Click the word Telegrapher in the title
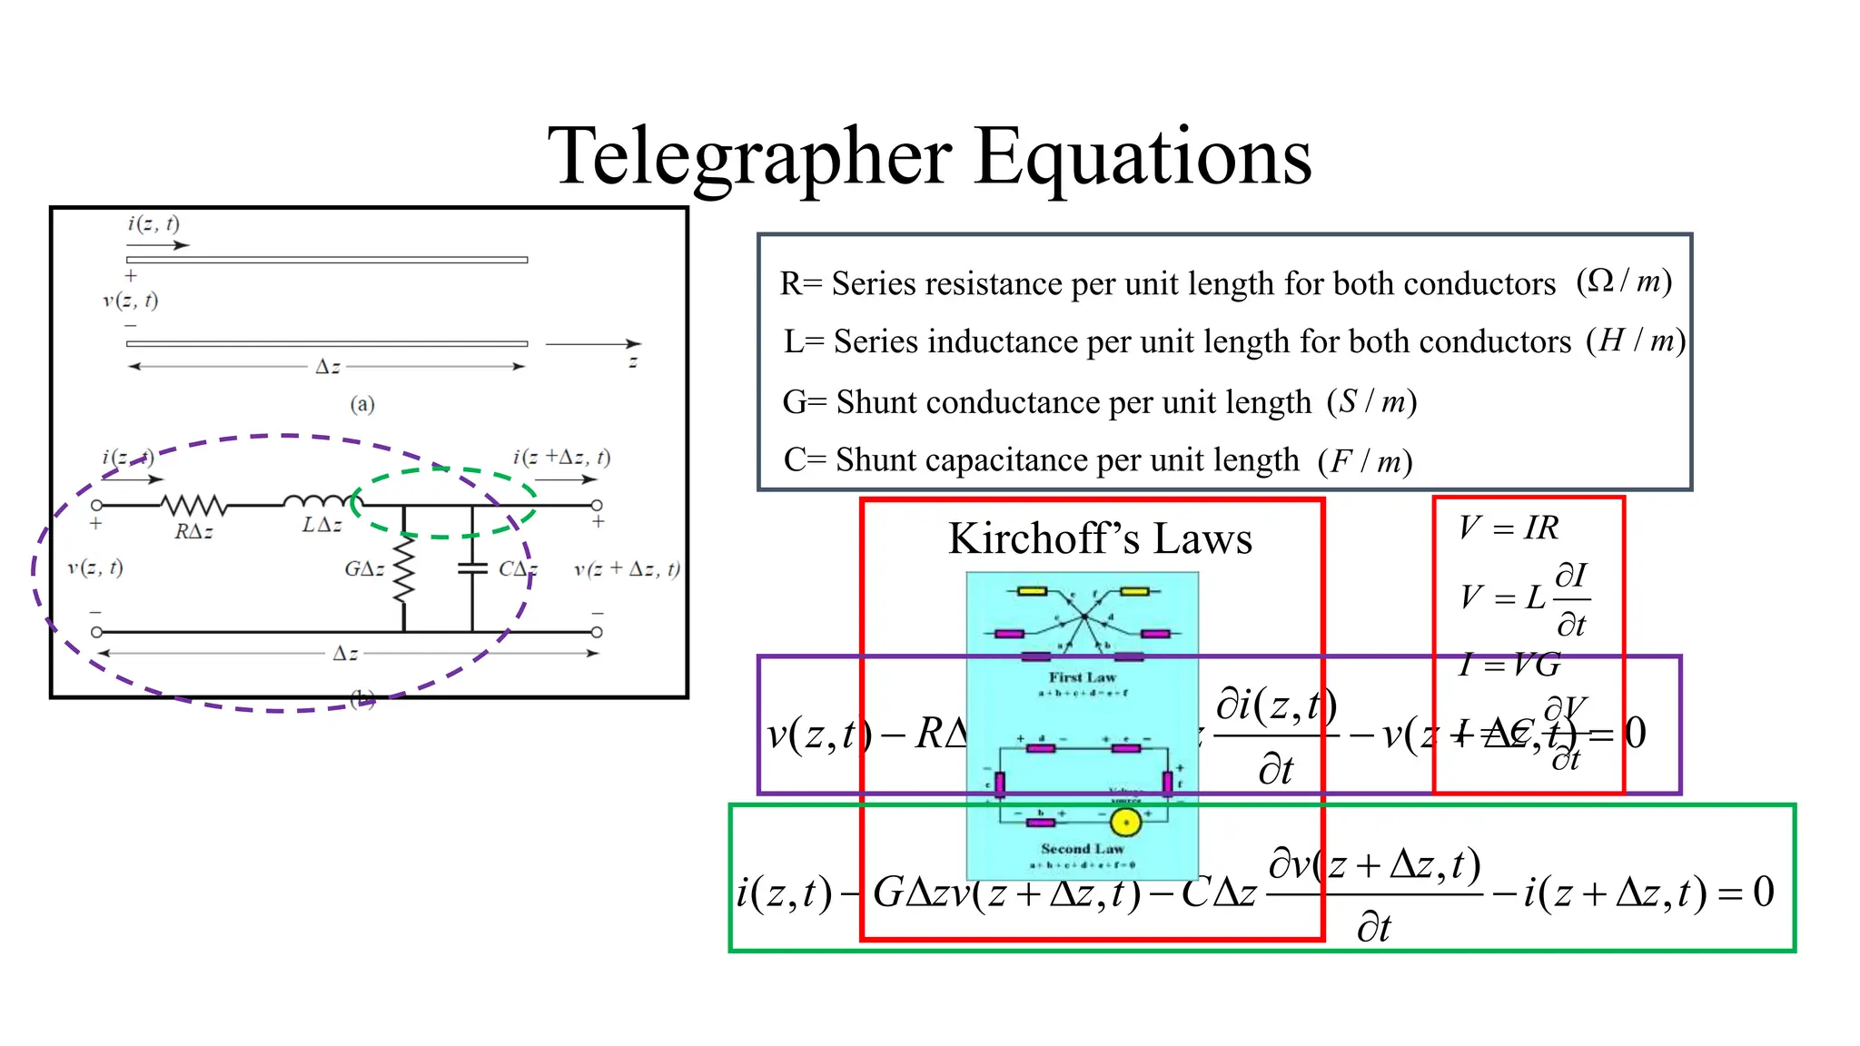pos(750,157)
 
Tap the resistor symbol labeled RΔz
pos(193,505)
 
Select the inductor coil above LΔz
pos(317,501)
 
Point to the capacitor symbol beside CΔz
pos(472,568)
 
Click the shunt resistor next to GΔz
pos(404,569)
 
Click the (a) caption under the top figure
pos(362,404)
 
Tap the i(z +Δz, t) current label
pos(561,457)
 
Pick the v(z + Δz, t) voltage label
pos(627,569)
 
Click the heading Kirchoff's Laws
pos(1100,538)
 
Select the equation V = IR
pos(1509,528)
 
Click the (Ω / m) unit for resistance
pos(1624,281)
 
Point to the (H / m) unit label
pos(1636,340)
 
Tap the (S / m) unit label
pos(1371,400)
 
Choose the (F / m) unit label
pos(1365,461)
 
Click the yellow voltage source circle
pos(1125,823)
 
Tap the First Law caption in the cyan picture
pos(1082,677)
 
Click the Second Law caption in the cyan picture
pos(1082,848)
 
